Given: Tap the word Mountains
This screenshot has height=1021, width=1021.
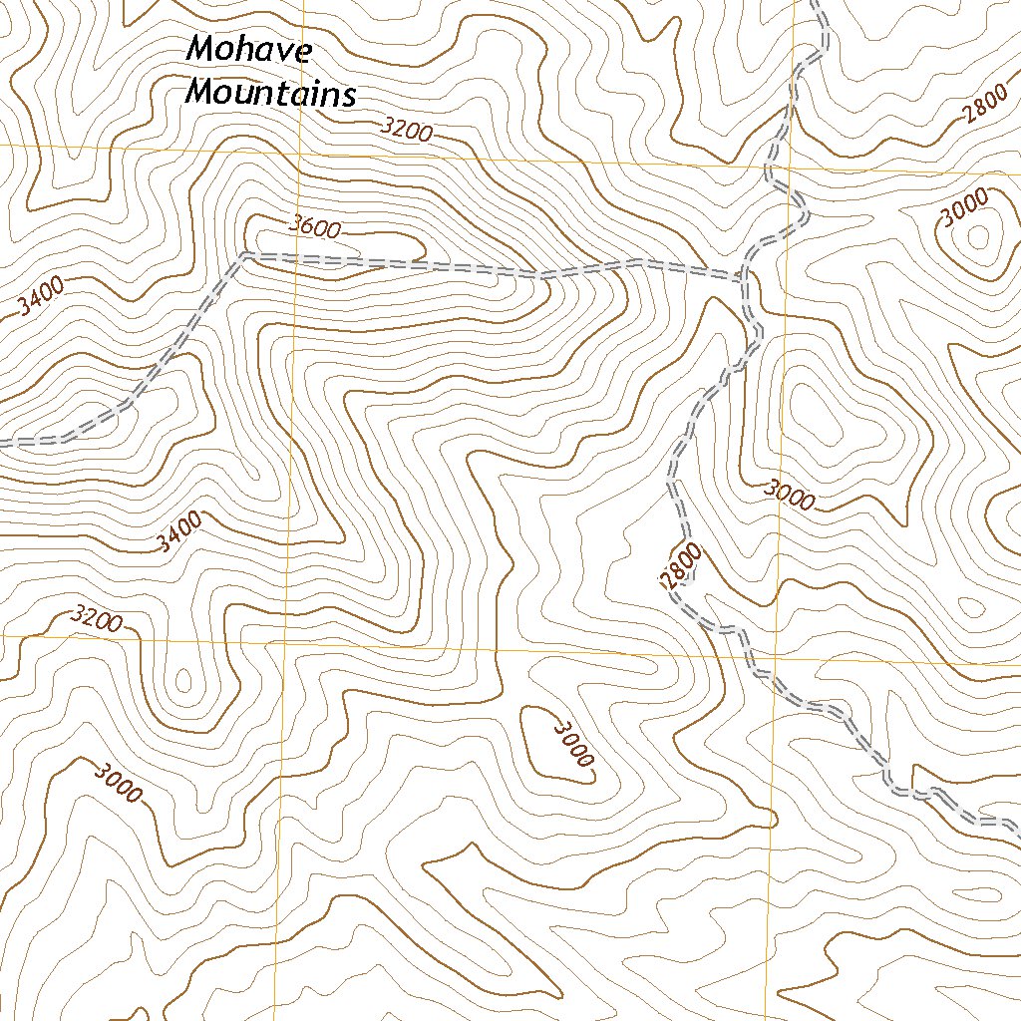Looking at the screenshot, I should [271, 95].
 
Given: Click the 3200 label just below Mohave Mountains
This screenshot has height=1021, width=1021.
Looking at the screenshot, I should [405, 129].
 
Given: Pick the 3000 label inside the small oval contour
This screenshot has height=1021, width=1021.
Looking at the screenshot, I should [572, 744].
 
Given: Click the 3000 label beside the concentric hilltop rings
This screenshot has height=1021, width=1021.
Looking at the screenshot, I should [965, 208].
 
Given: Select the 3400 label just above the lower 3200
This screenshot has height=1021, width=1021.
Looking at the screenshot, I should [179, 532].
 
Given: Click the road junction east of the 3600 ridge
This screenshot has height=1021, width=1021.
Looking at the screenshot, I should [740, 277].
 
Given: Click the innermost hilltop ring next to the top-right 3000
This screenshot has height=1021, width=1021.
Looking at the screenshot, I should [977, 237].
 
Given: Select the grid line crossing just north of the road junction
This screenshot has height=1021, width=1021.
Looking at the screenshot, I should [785, 167].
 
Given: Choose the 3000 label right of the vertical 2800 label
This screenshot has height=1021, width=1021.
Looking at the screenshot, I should [790, 495].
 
